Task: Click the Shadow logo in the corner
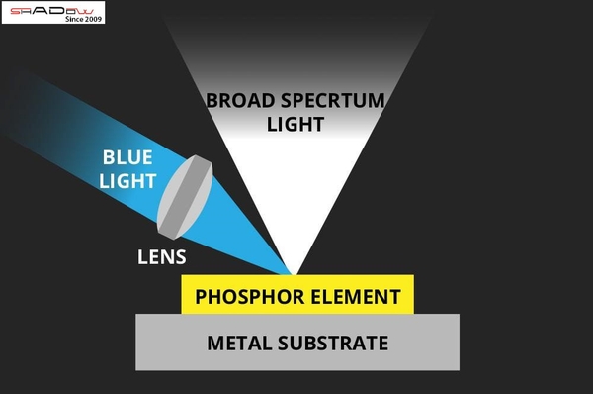pos(53,12)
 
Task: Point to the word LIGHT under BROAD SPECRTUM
pos(296,124)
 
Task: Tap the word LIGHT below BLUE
pos(127,181)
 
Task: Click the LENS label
pos(161,260)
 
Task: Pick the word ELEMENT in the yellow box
pos(356,296)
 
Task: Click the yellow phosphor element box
pos(297,296)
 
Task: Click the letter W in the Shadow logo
pos(89,10)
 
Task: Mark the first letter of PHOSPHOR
pos(201,296)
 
